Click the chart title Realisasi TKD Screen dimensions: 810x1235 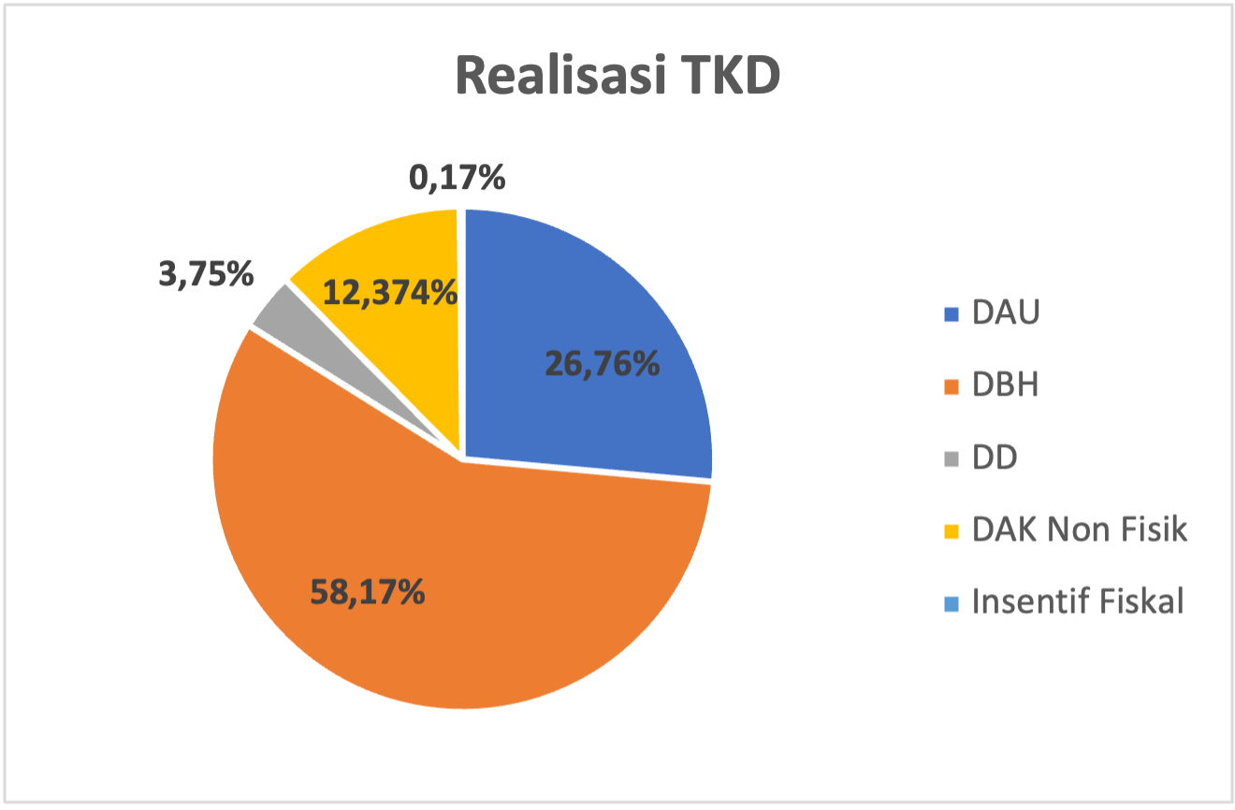coord(617,76)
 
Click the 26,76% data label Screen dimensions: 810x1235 coord(603,364)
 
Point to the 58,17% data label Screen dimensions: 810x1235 coord(367,591)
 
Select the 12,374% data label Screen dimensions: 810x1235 coord(390,293)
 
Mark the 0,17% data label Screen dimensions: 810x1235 coord(458,177)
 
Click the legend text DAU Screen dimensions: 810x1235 coord(1006,313)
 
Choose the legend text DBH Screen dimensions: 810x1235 coord(1005,385)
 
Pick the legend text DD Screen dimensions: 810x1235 coord(994,457)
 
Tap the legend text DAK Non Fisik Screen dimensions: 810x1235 coord(1079,529)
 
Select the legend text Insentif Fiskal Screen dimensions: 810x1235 coord(1078,601)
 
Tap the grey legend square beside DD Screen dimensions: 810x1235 coord(952,459)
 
